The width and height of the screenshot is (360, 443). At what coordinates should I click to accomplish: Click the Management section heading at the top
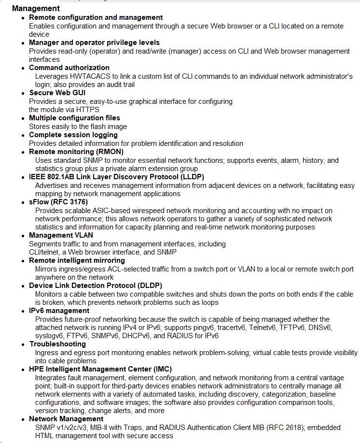pyautogui.click(x=36, y=8)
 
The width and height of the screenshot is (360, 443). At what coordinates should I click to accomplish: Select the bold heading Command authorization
pyautogui.click(x=69, y=68)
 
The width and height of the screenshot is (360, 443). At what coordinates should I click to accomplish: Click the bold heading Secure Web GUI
pyautogui.click(x=57, y=93)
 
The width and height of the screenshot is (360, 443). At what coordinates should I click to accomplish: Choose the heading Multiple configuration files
pyautogui.click(x=74, y=118)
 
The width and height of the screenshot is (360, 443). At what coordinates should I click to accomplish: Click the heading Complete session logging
pyautogui.click(x=73, y=135)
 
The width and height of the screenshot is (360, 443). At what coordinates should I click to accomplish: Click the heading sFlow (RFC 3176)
pyautogui.click(x=58, y=202)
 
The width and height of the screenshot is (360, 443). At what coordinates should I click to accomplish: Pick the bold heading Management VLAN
pyautogui.click(x=61, y=235)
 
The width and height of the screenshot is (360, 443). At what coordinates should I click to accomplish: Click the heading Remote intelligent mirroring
pyautogui.click(x=77, y=260)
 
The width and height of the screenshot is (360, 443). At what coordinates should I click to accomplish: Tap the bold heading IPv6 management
pyautogui.click(x=59, y=311)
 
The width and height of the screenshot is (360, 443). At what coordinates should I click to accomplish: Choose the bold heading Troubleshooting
pyautogui.click(x=57, y=344)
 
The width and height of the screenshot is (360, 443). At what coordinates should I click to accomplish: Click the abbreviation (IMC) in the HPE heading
pyautogui.click(x=162, y=369)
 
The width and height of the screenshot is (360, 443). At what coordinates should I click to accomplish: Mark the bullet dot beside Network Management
pyautogui.click(x=24, y=419)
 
